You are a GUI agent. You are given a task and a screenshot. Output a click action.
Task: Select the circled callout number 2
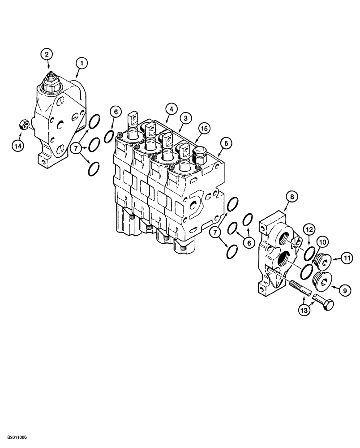[48, 54]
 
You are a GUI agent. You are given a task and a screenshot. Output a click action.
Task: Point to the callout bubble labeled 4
[170, 108]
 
